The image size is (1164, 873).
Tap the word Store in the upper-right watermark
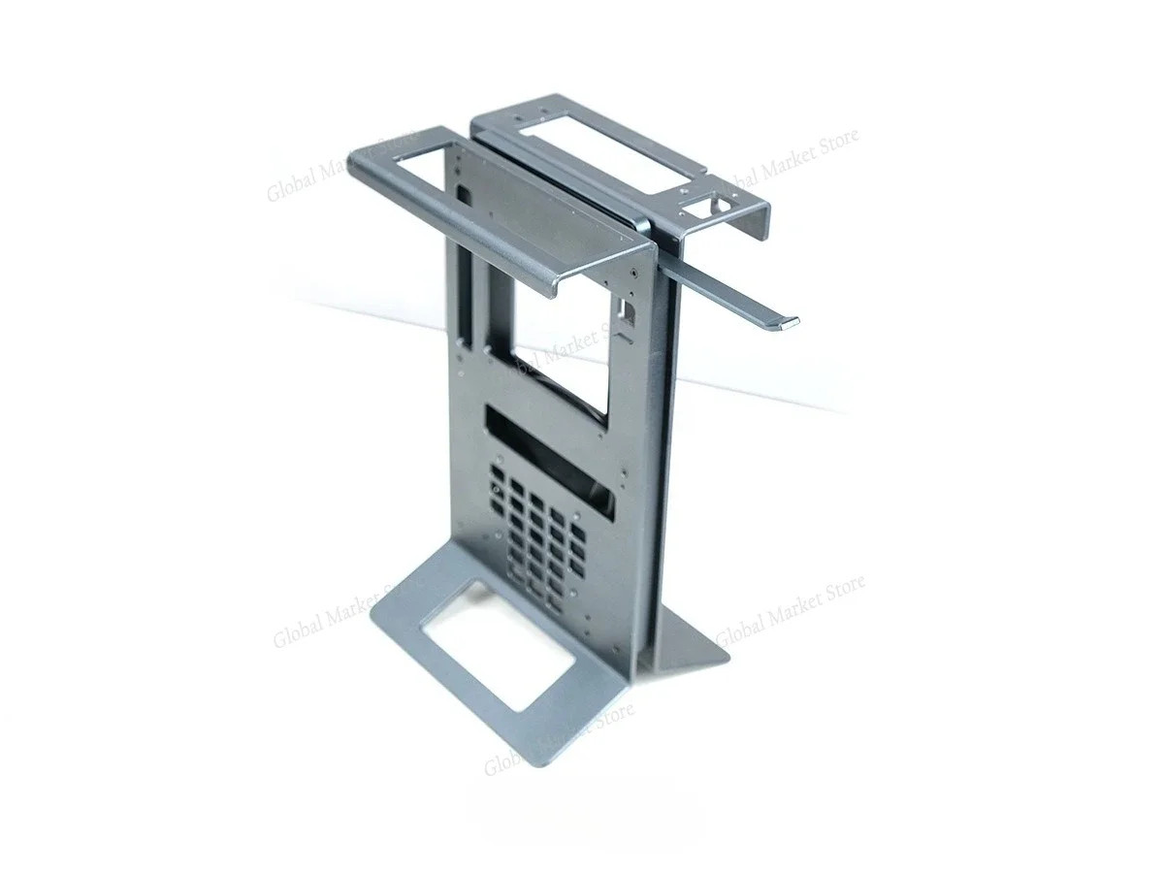pyautogui.click(x=835, y=145)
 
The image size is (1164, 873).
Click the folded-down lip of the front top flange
pyautogui.click(x=456, y=234)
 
